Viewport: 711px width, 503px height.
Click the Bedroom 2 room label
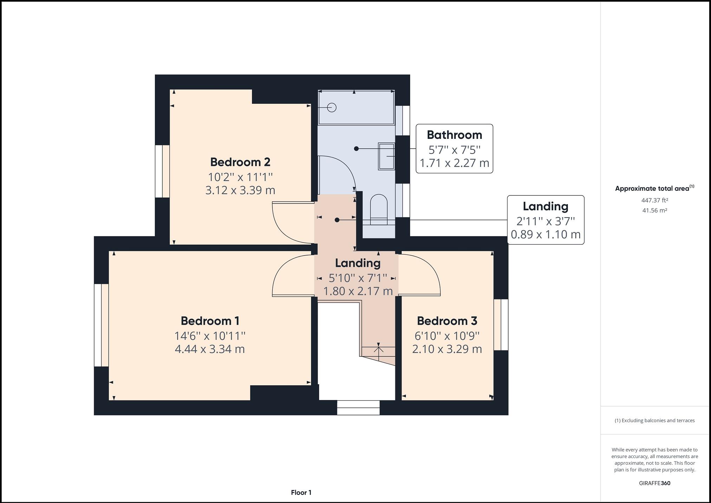(240, 162)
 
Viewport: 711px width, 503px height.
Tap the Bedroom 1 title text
(210, 321)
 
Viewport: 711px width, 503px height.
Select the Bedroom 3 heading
(447, 321)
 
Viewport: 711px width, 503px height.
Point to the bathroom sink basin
(387, 156)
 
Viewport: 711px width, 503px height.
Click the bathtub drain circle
(331, 108)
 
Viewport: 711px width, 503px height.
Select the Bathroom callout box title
(454, 135)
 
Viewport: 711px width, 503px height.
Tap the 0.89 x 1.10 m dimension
(545, 234)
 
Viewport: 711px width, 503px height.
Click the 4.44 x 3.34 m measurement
(210, 349)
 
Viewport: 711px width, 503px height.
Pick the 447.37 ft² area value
(654, 200)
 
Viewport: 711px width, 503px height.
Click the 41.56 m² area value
(654, 211)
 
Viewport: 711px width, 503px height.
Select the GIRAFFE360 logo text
(654, 483)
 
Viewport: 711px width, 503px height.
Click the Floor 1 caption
(301, 492)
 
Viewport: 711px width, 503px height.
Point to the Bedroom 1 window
(101, 325)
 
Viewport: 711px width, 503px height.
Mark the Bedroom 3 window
(501, 324)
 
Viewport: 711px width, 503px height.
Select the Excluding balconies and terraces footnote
(654, 420)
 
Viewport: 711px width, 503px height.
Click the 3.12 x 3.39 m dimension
(240, 190)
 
